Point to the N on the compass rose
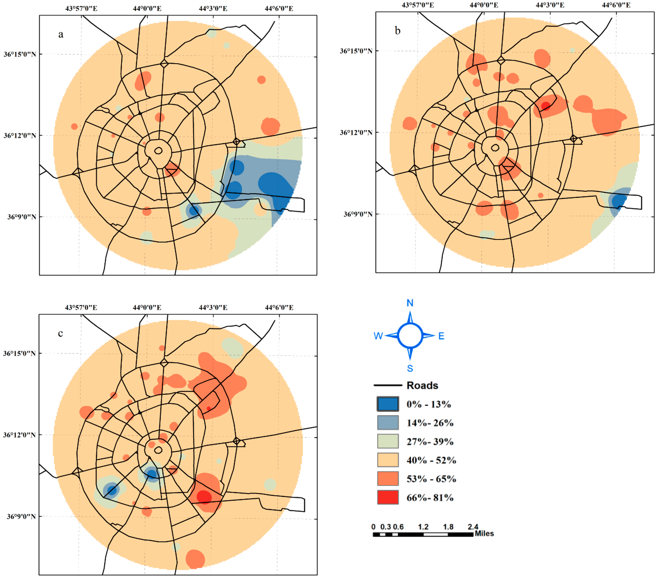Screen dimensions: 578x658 (410, 303)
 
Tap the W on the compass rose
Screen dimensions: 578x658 (378, 336)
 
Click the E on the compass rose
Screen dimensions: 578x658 (441, 336)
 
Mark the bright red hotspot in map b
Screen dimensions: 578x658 (545, 106)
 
